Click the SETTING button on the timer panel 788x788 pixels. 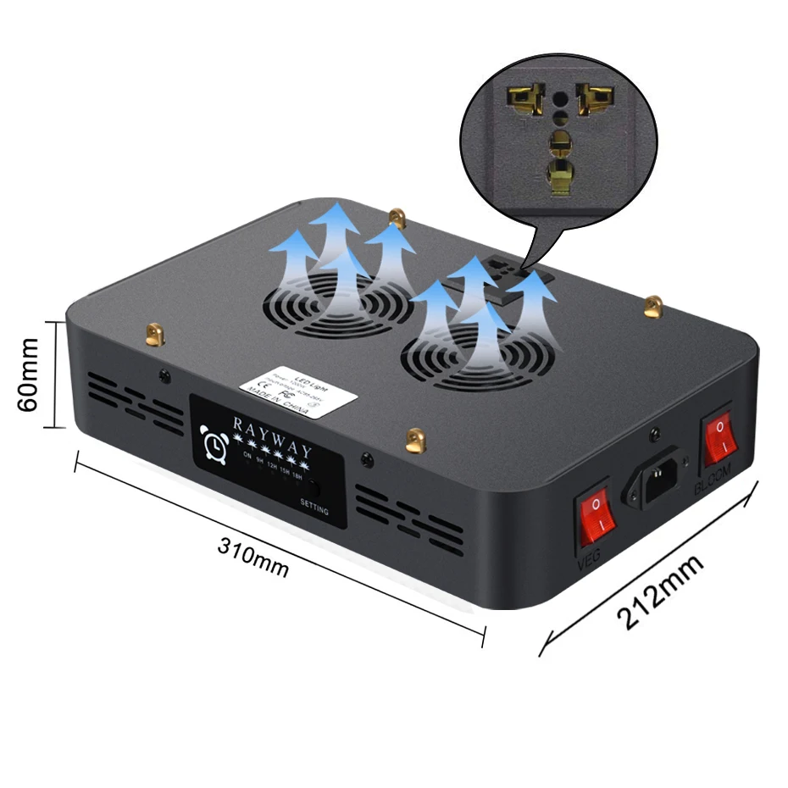click(x=314, y=490)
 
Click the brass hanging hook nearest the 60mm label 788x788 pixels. click(x=154, y=336)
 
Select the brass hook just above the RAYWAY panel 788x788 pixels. click(x=414, y=439)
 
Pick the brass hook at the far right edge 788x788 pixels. click(x=652, y=306)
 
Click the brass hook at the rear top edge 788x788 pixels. click(x=396, y=219)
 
